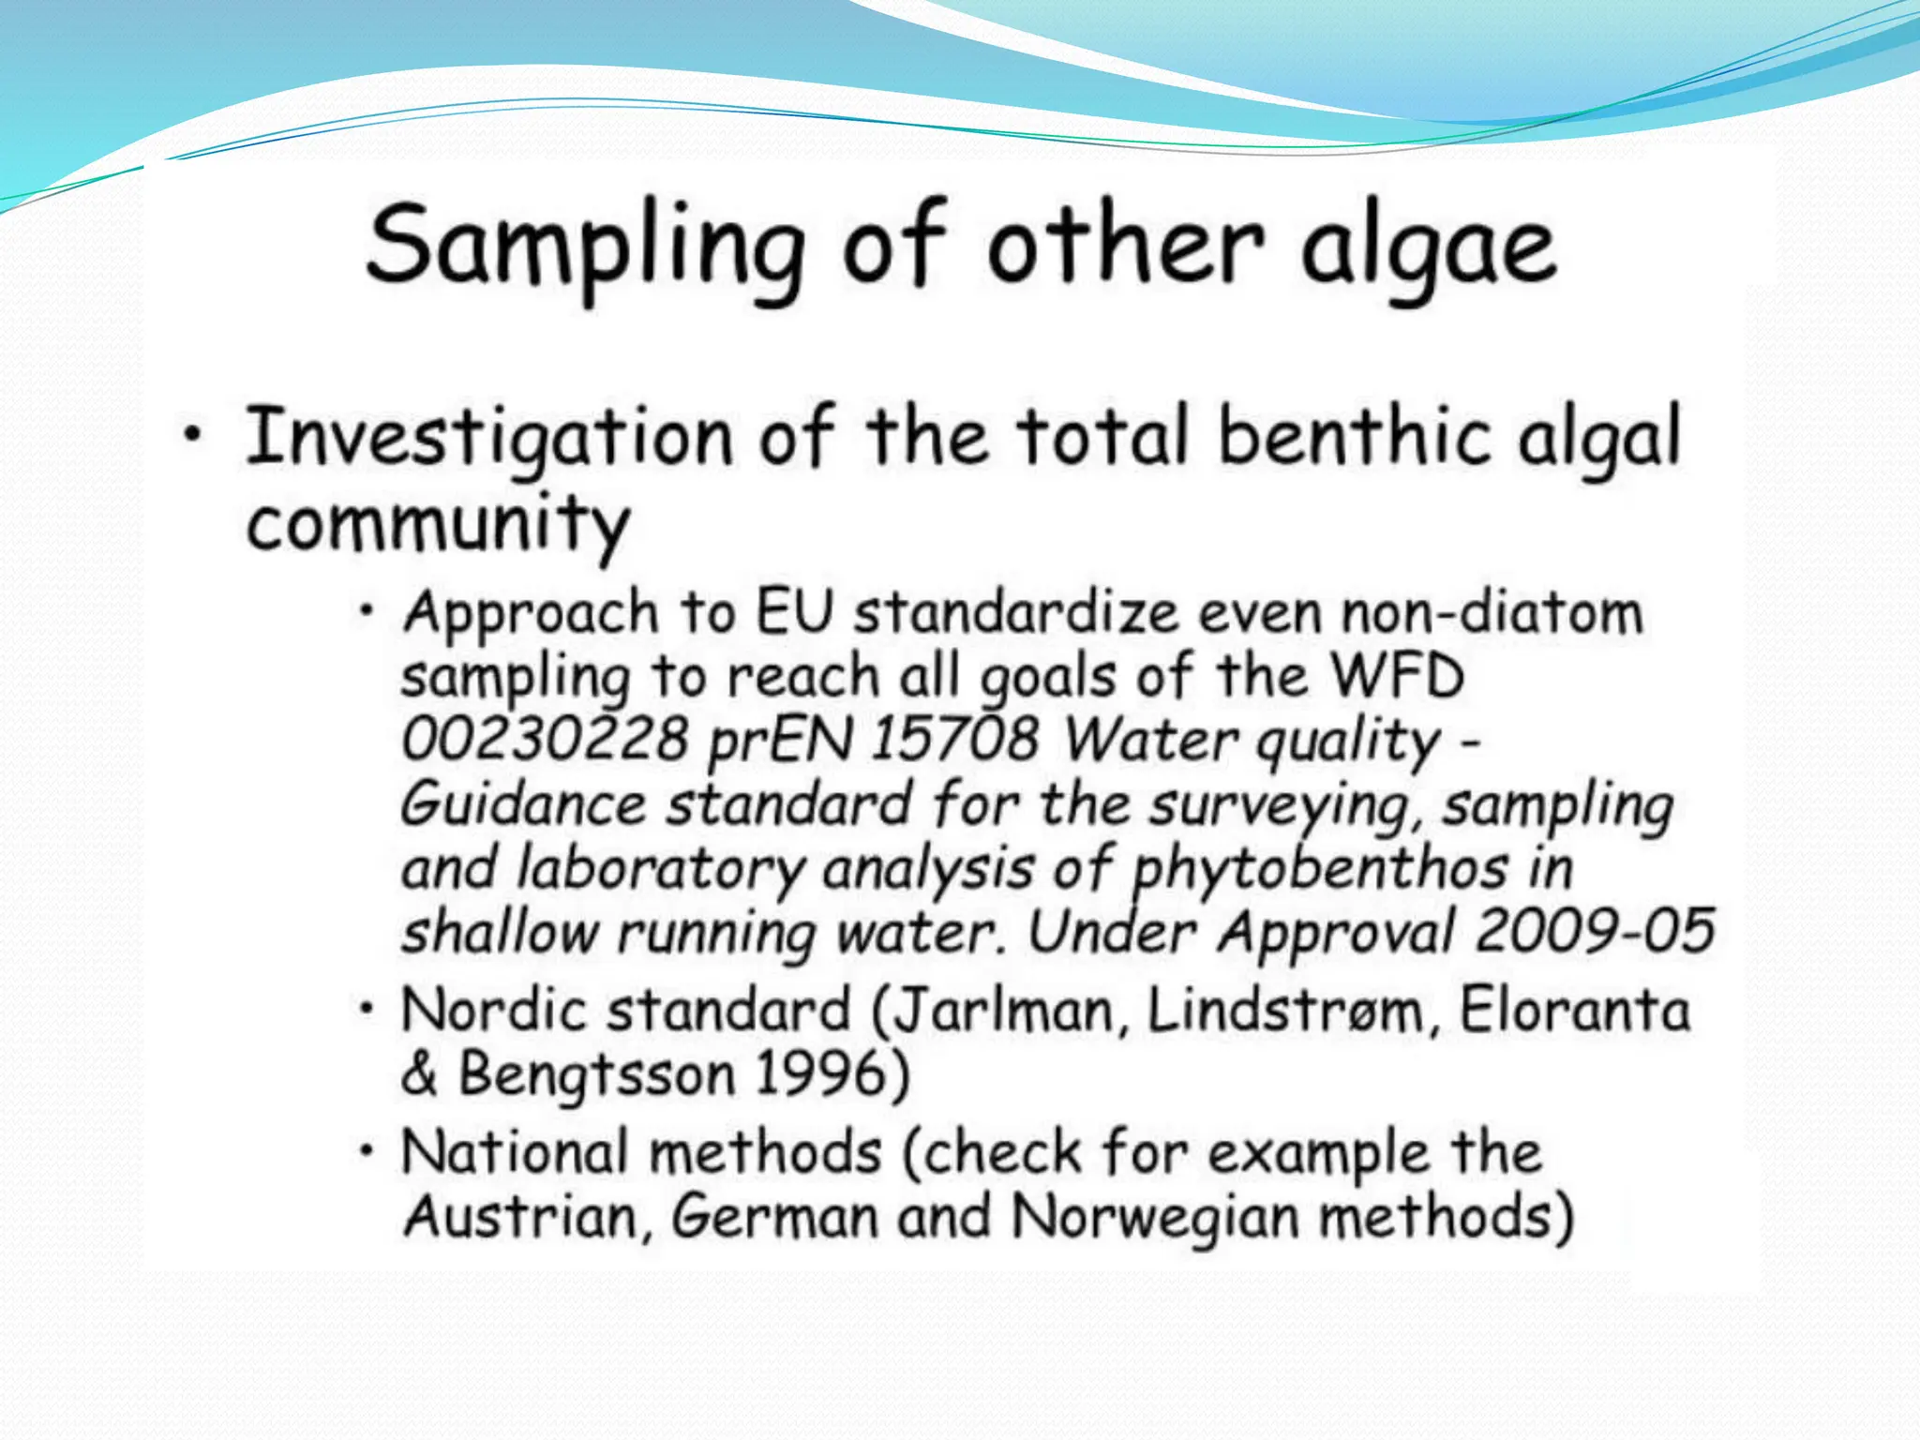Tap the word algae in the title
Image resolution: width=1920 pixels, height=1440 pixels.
pyautogui.click(x=1429, y=248)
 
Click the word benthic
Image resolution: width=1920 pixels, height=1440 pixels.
pyautogui.click(x=1354, y=436)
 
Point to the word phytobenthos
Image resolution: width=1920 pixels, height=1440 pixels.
pyautogui.click(x=1320, y=870)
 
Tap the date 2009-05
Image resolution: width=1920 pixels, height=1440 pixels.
pyautogui.click(x=1595, y=932)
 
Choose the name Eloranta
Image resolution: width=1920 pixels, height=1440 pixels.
pyautogui.click(x=1575, y=1011)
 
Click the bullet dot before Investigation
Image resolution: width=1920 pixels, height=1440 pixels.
pyautogui.click(x=193, y=434)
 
